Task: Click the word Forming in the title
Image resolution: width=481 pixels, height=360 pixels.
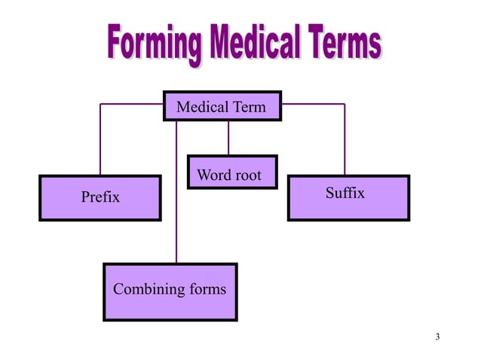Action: (153, 44)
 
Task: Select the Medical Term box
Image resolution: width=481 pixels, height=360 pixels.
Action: (222, 107)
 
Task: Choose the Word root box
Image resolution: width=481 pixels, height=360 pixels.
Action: (232, 172)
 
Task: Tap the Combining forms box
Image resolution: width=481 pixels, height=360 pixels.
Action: (170, 291)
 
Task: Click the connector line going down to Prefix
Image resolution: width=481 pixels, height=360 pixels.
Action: (100, 139)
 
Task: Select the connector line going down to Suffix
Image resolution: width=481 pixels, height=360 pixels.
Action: (345, 139)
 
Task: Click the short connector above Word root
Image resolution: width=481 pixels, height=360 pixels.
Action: (228, 139)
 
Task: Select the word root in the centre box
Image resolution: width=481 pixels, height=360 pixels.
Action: (247, 175)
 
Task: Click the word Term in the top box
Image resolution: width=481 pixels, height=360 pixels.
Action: (249, 107)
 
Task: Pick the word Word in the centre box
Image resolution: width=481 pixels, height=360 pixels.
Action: (213, 175)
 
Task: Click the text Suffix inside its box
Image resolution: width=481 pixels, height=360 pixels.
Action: (345, 194)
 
